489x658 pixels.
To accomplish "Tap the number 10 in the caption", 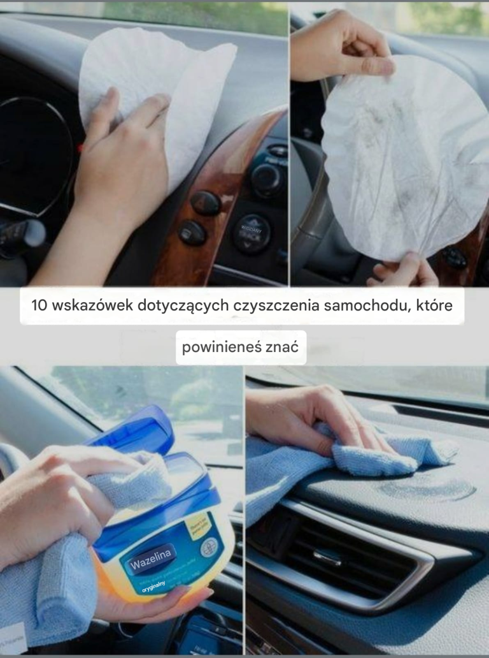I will tap(39, 305).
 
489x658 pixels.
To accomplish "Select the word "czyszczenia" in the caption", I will tap(276, 305).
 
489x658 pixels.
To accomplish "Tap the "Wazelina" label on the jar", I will tap(151, 559).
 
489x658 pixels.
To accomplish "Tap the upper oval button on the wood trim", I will tap(206, 203).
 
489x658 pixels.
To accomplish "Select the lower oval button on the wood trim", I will tap(192, 233).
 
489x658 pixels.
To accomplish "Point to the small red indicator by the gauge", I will tap(81, 148).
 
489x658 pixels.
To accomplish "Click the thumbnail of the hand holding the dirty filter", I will tap(390, 143).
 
